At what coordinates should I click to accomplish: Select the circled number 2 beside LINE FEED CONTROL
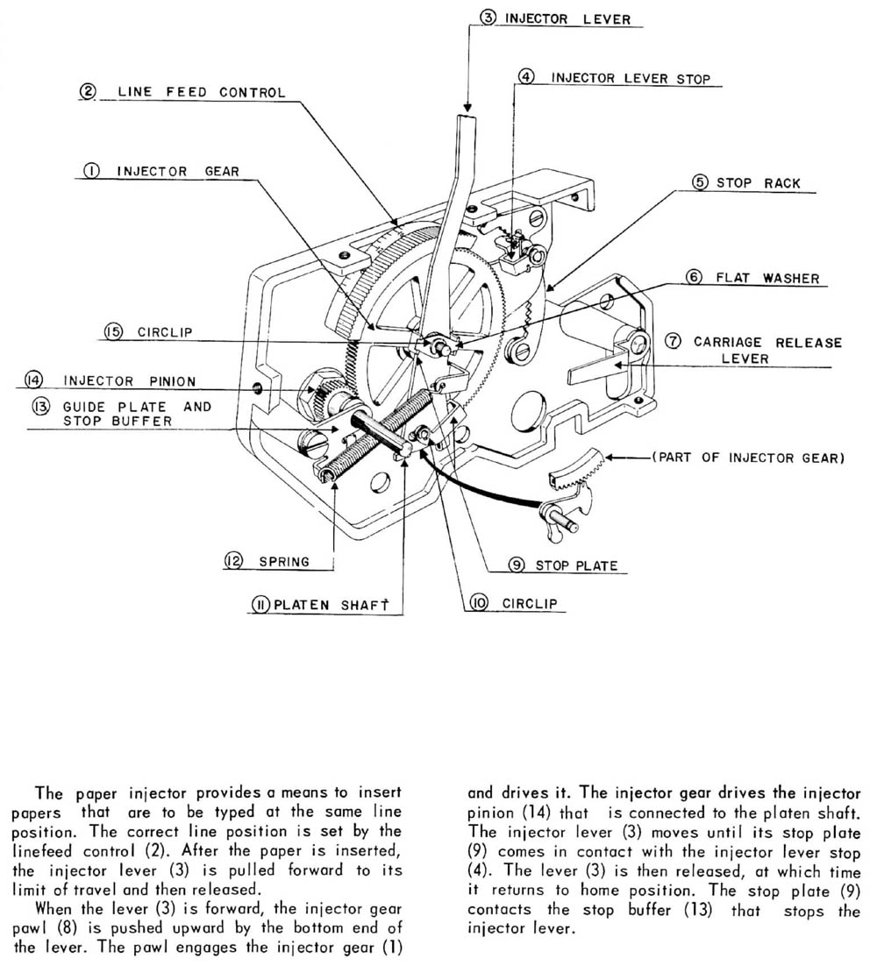coord(87,92)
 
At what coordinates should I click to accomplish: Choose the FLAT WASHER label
coord(766,278)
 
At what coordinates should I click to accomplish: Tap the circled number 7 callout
coord(672,342)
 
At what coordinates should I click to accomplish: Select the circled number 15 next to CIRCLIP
coord(113,333)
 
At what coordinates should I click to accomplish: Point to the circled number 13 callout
coord(41,408)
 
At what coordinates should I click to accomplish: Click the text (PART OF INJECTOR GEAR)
coord(747,458)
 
